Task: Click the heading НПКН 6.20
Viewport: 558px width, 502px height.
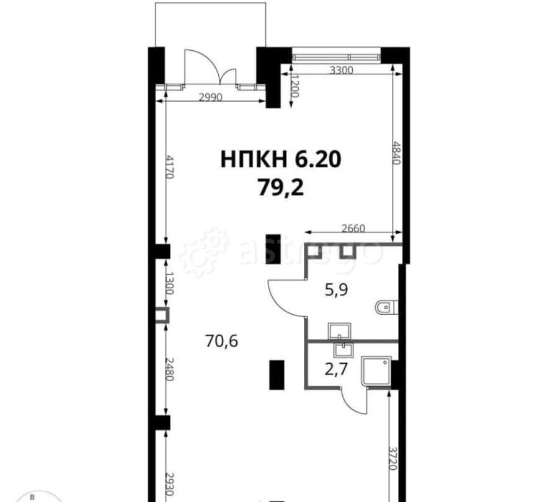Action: pos(281,159)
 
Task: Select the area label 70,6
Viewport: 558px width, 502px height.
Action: pos(221,341)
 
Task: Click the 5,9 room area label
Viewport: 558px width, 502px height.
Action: pos(336,290)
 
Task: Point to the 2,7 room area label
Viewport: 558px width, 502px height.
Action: pos(336,369)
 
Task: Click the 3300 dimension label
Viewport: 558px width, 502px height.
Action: pos(342,70)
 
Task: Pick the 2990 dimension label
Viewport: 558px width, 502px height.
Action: pos(210,97)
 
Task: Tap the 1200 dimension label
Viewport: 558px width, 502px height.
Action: pos(294,86)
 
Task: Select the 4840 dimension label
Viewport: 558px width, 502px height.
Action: pos(396,153)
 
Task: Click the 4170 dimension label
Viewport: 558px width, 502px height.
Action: pos(170,167)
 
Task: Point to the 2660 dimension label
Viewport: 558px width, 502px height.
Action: pos(353,228)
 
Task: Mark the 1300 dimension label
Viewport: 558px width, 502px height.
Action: pos(170,283)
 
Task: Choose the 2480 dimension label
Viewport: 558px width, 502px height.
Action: pos(170,369)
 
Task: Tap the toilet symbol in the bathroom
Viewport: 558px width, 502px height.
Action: pos(386,307)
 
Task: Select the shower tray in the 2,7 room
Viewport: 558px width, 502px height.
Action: pos(376,371)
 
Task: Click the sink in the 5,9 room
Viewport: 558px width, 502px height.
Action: pos(340,331)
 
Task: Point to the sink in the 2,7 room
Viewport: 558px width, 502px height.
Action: pos(343,350)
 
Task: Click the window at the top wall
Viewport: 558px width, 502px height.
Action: pos(336,56)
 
